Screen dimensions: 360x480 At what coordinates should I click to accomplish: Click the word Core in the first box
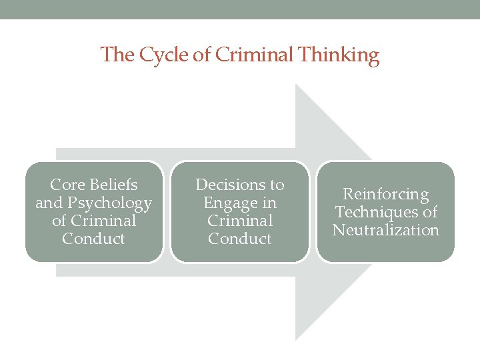[66, 185]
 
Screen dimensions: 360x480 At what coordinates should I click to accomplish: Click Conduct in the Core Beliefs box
[93, 239]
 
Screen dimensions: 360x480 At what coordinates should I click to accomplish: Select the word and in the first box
[49, 203]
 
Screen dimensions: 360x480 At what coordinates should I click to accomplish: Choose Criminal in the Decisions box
[240, 221]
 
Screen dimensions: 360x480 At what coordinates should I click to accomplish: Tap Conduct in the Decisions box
[240, 239]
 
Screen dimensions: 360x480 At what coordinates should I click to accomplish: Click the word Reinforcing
[385, 195]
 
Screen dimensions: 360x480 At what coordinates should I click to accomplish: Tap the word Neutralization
[386, 231]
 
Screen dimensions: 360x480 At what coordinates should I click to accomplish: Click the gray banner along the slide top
[240, 9]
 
